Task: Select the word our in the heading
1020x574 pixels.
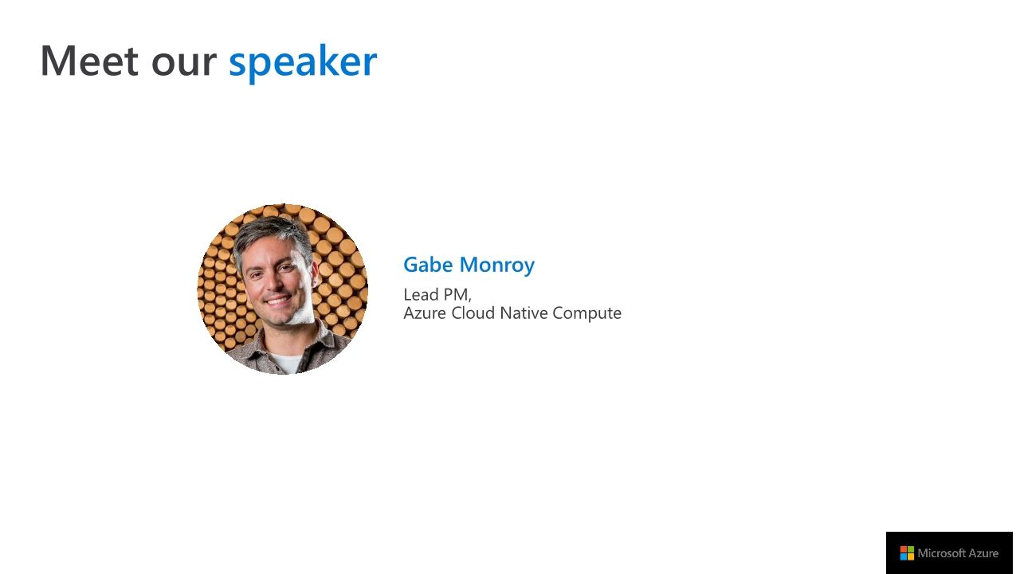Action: click(x=182, y=63)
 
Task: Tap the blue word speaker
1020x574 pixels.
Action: click(x=302, y=62)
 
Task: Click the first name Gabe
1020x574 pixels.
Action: click(x=428, y=265)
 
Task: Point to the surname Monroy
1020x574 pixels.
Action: click(x=497, y=265)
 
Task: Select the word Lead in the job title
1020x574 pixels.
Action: click(x=421, y=294)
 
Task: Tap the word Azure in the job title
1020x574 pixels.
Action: click(x=425, y=313)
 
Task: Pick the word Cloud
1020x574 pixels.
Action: click(x=473, y=313)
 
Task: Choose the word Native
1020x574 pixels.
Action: click(x=524, y=313)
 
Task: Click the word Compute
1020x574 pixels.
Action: click(x=586, y=313)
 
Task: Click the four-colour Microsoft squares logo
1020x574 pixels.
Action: click(x=907, y=553)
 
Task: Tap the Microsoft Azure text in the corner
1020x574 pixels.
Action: click(x=958, y=553)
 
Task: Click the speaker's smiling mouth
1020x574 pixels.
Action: click(x=278, y=301)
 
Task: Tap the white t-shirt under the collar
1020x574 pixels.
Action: click(x=286, y=363)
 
